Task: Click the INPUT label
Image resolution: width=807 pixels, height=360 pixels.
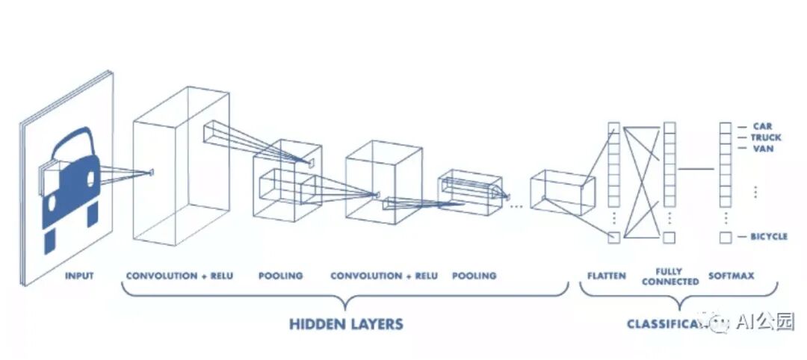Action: pos(79,276)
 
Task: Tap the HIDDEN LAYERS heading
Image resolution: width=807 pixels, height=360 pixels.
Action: pos(346,324)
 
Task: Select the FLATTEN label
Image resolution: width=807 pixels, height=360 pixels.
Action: pos(606,276)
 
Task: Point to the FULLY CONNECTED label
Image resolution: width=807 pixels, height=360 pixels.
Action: pos(670,276)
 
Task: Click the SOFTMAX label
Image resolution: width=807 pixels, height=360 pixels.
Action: pos(731,276)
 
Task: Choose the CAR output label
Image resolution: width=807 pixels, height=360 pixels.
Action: pos(762,126)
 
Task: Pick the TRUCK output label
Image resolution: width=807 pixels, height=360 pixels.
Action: pos(766,137)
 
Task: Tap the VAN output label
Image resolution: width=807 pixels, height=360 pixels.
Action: pos(763,149)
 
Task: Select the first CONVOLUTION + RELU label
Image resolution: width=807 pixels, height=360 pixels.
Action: pos(179,276)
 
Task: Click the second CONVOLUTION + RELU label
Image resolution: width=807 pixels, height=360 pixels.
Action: pos(384,276)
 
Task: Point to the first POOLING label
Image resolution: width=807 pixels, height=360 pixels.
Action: pos(280,276)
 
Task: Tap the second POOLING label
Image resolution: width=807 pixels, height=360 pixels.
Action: pos(474,276)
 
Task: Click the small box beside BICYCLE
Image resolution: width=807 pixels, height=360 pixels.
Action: pos(725,238)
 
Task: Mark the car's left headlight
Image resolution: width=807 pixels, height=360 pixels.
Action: pos(55,179)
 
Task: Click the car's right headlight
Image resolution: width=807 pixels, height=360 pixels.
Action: pos(91,179)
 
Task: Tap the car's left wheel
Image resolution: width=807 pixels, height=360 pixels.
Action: pos(50,240)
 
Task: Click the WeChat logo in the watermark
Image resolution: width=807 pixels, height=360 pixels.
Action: pos(720,323)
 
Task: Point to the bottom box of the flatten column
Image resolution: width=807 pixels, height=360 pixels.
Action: pos(613,238)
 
